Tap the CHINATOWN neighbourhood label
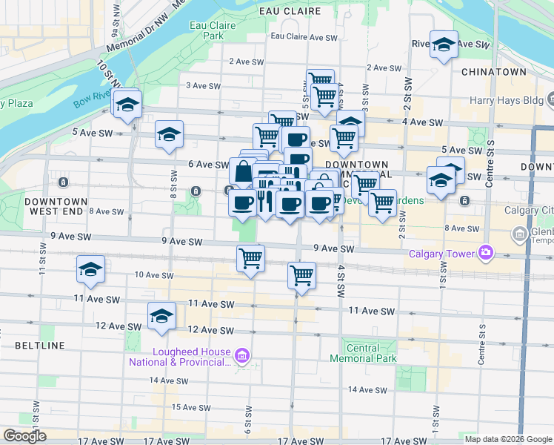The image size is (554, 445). [493, 72]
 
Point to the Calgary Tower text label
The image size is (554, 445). [441, 254]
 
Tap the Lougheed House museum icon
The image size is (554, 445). [244, 357]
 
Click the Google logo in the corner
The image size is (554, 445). [24, 436]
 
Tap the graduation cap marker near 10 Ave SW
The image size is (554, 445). [90, 270]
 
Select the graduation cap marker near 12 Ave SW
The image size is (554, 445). [161, 317]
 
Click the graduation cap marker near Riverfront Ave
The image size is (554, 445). [444, 45]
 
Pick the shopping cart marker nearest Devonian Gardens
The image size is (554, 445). [382, 202]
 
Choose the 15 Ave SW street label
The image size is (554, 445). [187, 407]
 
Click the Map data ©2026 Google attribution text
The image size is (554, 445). [508, 439]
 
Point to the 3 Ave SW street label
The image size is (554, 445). [203, 86]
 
